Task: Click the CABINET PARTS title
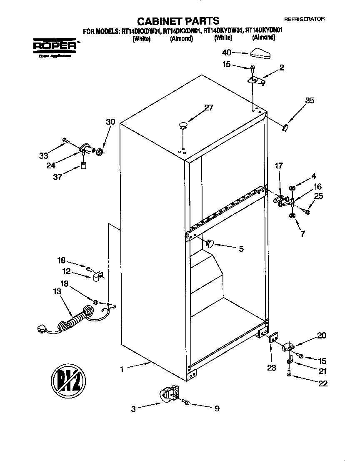(178, 20)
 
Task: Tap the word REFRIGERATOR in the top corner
(304, 19)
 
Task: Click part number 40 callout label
(227, 53)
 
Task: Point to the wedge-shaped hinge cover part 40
(261, 53)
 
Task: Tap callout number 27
(208, 108)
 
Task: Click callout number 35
(310, 100)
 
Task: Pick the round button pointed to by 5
(209, 243)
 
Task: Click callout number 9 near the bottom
(217, 409)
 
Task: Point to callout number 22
(322, 383)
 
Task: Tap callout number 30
(110, 122)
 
